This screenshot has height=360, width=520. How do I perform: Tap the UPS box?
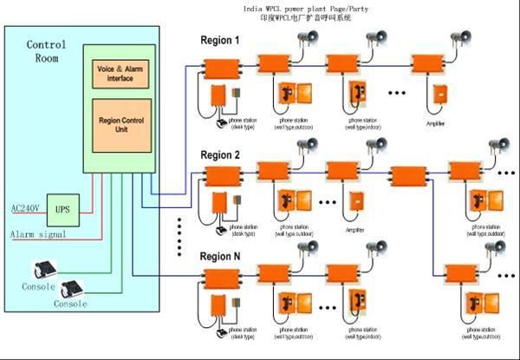click(x=62, y=209)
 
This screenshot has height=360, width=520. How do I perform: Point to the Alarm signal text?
click(x=37, y=235)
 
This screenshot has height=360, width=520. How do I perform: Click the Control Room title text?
click(x=47, y=52)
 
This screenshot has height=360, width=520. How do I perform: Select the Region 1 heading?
click(x=221, y=41)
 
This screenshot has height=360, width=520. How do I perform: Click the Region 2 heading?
click(x=221, y=155)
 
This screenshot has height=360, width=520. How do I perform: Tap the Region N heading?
click(x=222, y=257)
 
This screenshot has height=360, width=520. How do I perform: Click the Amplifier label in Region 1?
click(x=436, y=123)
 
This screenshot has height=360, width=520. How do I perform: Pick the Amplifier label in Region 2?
click(x=354, y=230)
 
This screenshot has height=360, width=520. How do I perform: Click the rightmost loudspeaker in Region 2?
click(x=498, y=146)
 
